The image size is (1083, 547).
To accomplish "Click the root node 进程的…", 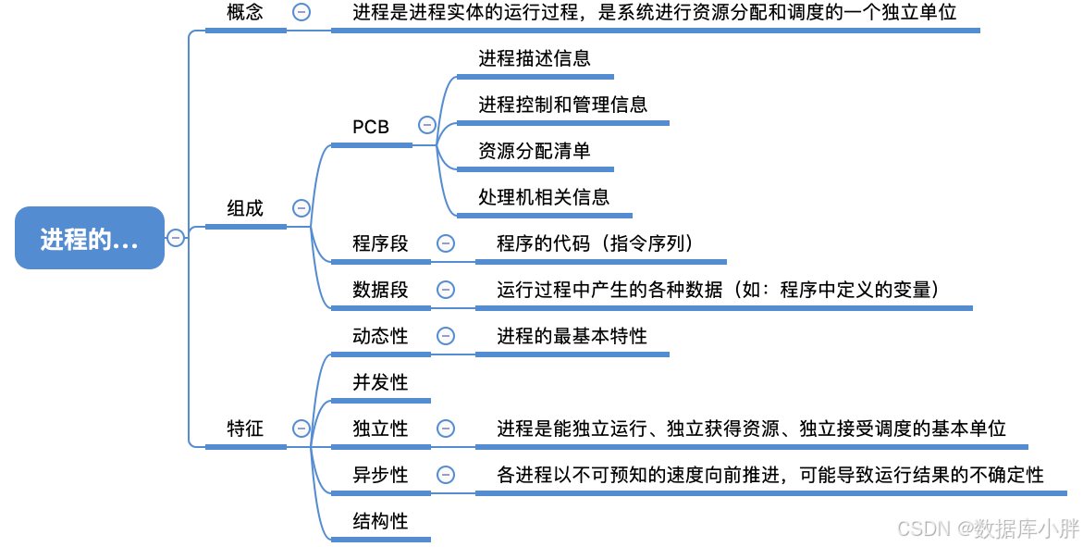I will [89, 238].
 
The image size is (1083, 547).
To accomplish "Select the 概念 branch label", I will [245, 12].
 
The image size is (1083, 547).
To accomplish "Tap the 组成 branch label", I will [245, 208].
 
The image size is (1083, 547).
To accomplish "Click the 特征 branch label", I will [245, 429].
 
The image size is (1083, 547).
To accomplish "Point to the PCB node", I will [371, 127].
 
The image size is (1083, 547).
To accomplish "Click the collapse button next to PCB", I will [426, 125].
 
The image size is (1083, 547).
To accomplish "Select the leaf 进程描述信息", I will [535, 58].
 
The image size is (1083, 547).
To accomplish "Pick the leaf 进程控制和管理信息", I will [562, 105].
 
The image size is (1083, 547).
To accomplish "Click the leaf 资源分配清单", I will [535, 151].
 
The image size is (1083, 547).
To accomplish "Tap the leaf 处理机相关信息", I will [544, 197].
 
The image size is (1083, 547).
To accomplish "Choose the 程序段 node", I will [380, 243].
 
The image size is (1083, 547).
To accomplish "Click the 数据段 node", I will [380, 290].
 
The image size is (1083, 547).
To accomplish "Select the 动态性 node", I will [380, 336].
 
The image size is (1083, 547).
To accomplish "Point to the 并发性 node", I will [380, 382].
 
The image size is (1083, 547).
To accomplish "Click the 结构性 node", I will [380, 521].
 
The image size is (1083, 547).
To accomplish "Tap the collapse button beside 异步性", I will [446, 475].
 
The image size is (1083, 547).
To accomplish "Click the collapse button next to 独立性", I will [446, 429].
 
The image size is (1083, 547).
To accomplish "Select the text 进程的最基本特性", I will [572, 336].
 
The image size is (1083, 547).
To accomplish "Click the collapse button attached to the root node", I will [176, 238].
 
